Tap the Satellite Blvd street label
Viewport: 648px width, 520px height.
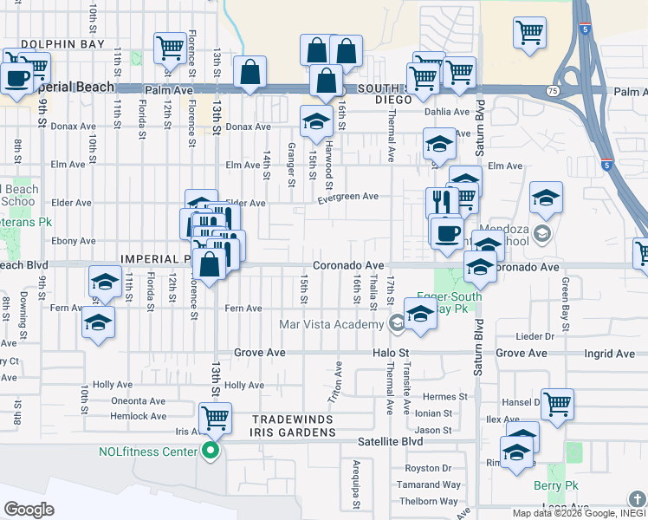point(391,441)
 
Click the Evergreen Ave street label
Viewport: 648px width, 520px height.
point(347,197)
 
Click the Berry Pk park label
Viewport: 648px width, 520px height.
point(555,486)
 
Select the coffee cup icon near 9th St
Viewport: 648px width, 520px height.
point(16,78)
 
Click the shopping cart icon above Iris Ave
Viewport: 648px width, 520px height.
point(214,419)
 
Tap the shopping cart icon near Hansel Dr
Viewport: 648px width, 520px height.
point(558,404)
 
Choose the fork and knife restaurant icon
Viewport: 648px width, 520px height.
point(442,202)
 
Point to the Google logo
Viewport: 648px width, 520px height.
point(29,510)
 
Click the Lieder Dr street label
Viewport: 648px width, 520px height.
point(534,335)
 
